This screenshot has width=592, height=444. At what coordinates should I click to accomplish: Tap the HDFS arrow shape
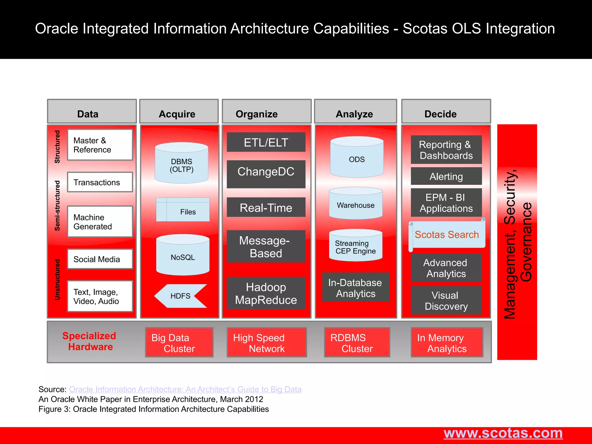pyautogui.click(x=181, y=296)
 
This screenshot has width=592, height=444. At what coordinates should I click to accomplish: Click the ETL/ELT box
pyautogui.click(x=266, y=142)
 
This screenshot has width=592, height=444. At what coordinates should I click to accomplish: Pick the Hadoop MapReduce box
pyautogui.click(x=266, y=293)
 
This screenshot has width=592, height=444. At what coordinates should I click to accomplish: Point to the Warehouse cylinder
pyautogui.click(x=356, y=204)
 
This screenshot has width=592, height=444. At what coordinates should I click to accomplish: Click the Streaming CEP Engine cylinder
pyautogui.click(x=356, y=246)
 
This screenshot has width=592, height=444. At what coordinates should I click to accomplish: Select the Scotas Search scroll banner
pyautogui.click(x=447, y=235)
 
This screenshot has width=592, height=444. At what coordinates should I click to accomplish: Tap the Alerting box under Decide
pyautogui.click(x=446, y=176)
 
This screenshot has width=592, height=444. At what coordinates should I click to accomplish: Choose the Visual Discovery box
pyautogui.click(x=446, y=301)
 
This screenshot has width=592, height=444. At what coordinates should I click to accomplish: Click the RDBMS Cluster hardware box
pyautogui.click(x=357, y=343)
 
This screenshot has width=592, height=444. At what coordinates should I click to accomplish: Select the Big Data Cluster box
pyautogui.click(x=179, y=343)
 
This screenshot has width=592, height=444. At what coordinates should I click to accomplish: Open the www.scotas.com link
pyautogui.click(x=503, y=433)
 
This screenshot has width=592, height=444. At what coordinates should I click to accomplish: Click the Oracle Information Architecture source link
pyautogui.click(x=185, y=389)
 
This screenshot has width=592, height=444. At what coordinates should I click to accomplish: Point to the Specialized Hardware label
pyautogui.click(x=90, y=341)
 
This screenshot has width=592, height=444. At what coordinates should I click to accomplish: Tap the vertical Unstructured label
pyautogui.click(x=57, y=280)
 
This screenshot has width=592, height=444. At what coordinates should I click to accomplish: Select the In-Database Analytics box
pyautogui.click(x=356, y=288)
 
